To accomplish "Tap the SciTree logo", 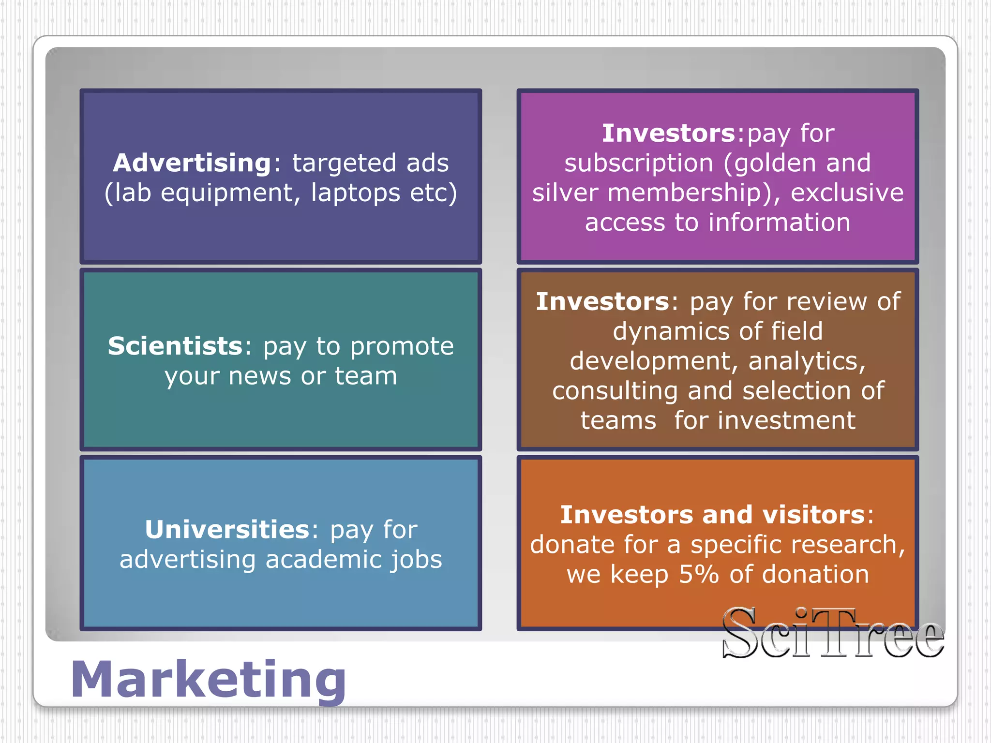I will [832, 634].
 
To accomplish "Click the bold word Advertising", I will [192, 163].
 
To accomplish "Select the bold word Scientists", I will [175, 346].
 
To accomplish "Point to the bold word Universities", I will [227, 530].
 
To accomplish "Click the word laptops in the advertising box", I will [355, 193].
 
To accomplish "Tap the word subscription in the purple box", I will [638, 163].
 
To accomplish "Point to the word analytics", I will [807, 361].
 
